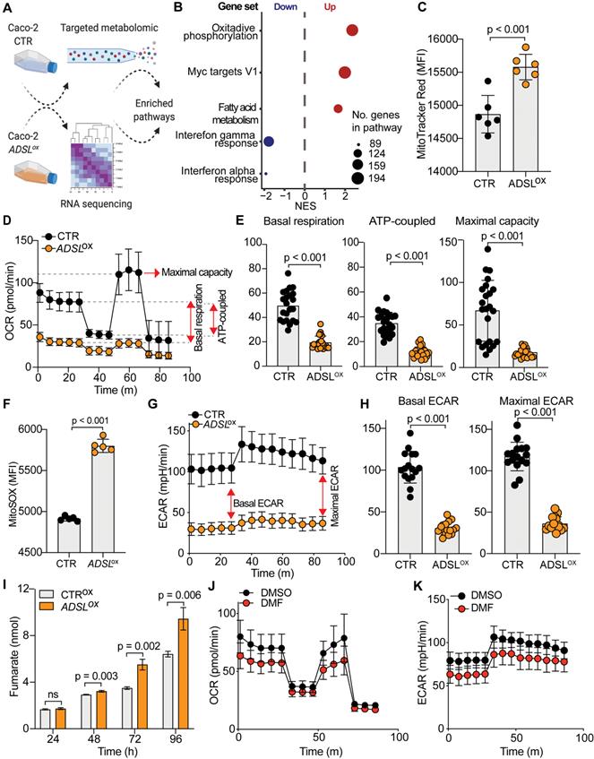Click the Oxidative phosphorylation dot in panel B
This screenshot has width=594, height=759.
pyautogui.click(x=352, y=32)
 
